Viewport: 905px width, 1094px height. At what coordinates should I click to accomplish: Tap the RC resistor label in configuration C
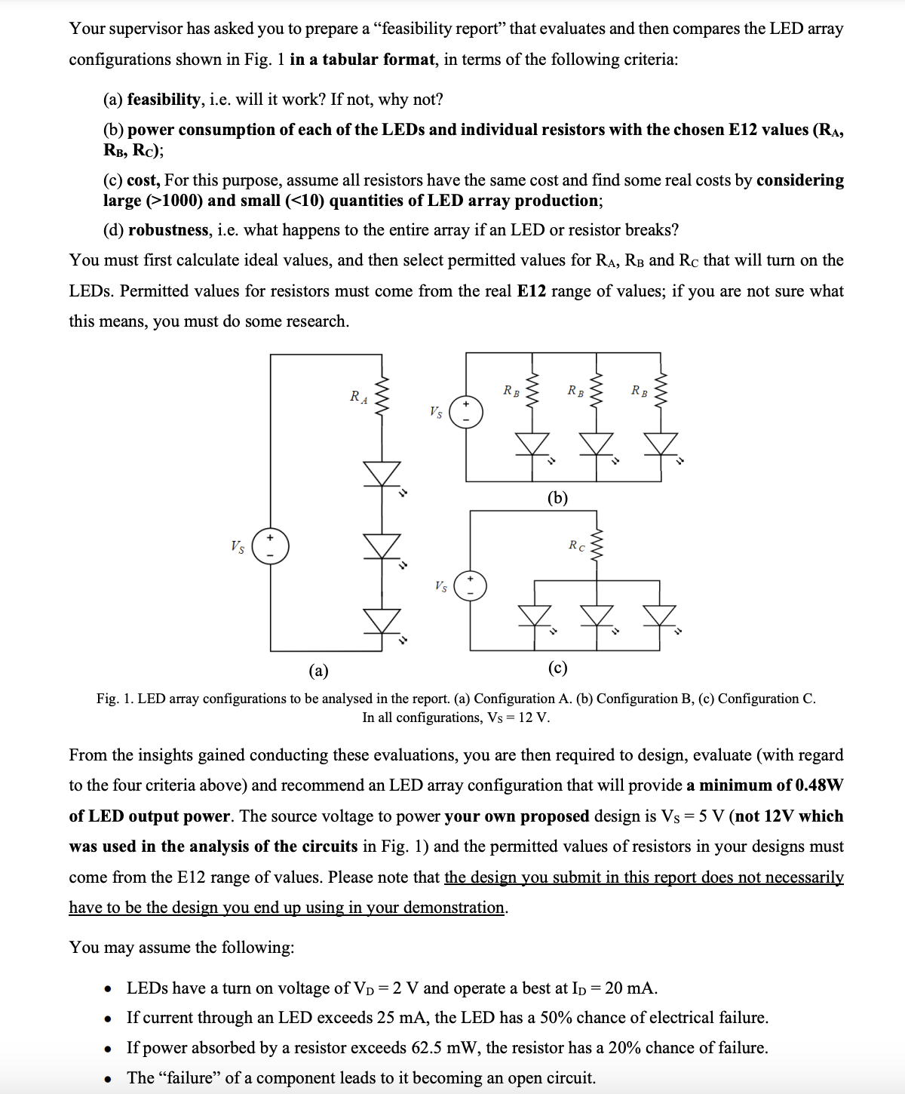click(x=577, y=545)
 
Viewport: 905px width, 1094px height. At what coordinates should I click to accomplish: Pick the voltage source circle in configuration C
click(x=470, y=585)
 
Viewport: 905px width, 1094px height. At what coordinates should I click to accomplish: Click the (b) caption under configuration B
click(x=557, y=497)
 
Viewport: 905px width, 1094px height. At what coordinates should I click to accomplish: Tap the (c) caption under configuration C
click(x=557, y=668)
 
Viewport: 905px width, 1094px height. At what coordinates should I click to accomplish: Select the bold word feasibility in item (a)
click(x=164, y=100)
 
